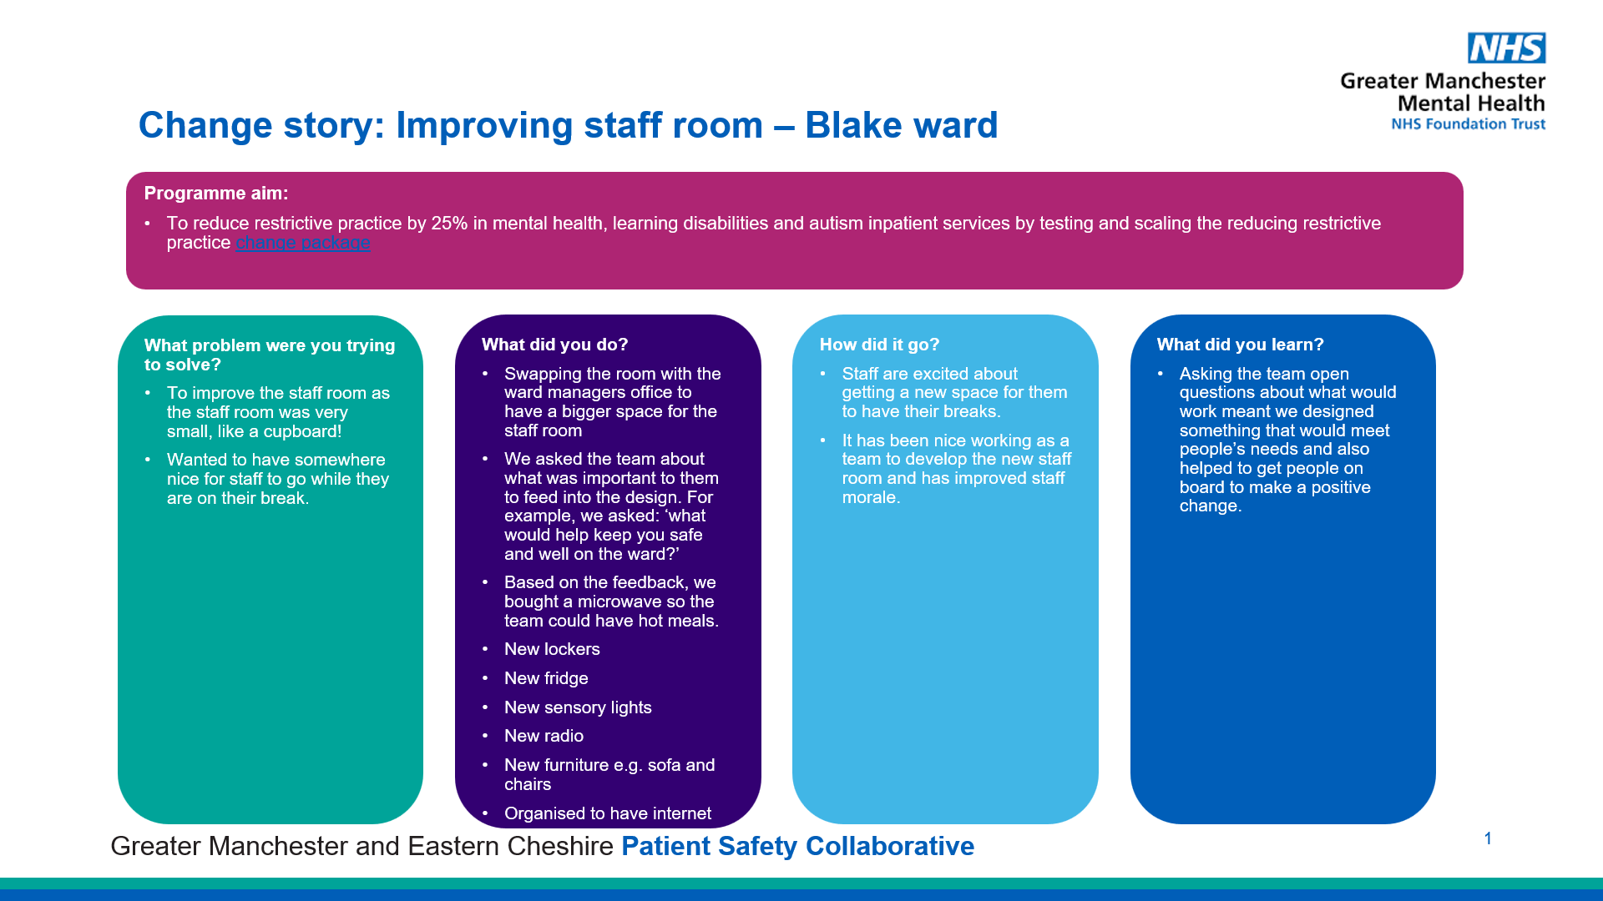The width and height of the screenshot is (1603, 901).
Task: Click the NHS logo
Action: (1507, 48)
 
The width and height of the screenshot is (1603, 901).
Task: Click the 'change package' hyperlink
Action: (303, 243)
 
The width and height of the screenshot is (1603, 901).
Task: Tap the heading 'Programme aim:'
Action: (216, 194)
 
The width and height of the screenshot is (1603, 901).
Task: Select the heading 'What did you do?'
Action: (554, 345)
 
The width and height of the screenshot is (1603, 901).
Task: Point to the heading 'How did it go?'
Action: (879, 345)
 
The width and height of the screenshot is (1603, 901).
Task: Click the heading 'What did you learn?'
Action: (1240, 345)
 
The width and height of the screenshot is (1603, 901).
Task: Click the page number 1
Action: (1488, 838)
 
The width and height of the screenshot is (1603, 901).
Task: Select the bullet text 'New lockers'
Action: (552, 649)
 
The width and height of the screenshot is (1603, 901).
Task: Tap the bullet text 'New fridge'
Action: (546, 678)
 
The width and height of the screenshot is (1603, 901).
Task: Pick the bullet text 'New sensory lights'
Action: (578, 707)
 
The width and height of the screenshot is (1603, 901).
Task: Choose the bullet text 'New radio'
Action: (544, 736)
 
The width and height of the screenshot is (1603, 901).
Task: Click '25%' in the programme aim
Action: (449, 224)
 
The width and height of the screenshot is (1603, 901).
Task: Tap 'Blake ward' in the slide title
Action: (902, 125)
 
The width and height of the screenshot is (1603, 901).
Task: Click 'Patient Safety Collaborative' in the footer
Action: (797, 846)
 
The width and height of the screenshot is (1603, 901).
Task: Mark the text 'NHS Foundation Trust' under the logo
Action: (1468, 124)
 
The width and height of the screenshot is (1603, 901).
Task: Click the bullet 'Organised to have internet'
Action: (608, 813)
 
